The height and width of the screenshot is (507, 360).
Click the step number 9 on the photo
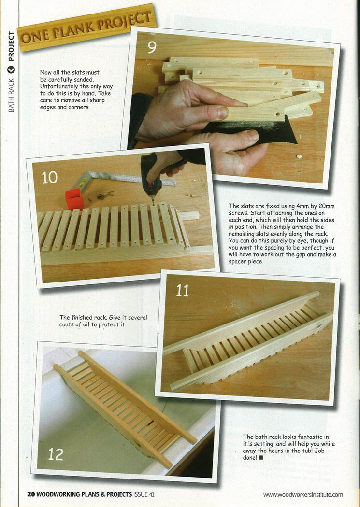coord(152,47)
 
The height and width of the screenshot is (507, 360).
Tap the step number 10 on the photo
coord(49,178)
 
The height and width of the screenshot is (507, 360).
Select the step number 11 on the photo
coord(183,291)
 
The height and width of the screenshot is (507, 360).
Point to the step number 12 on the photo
coord(56,454)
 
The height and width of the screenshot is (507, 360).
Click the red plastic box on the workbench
coord(74,199)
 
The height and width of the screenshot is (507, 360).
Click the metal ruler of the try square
coord(132,179)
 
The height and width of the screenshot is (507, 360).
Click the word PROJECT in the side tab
coord(11,46)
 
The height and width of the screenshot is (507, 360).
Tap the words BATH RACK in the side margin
coord(11,95)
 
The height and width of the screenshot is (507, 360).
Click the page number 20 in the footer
coord(31,494)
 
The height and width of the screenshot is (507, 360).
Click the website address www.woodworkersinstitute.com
coord(303,495)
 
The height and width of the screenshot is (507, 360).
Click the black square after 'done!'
coord(261,458)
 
